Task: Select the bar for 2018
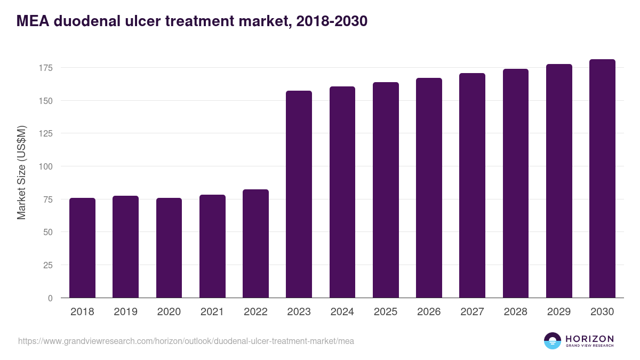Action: point(82,248)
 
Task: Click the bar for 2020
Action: point(169,248)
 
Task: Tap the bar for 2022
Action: point(255,244)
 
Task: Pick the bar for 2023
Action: point(299,194)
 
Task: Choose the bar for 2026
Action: point(429,188)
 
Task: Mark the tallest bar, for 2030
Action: point(602,179)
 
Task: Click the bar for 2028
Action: point(516,183)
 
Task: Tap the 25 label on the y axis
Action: point(48,265)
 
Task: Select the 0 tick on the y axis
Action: point(51,298)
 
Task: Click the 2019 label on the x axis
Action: point(125,312)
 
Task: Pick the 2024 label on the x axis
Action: point(342,312)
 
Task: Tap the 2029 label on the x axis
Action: point(559,312)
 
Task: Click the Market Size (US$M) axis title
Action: point(21,172)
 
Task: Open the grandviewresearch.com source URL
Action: point(186,341)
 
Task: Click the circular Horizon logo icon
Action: point(553,341)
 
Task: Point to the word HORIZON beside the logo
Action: point(589,339)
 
